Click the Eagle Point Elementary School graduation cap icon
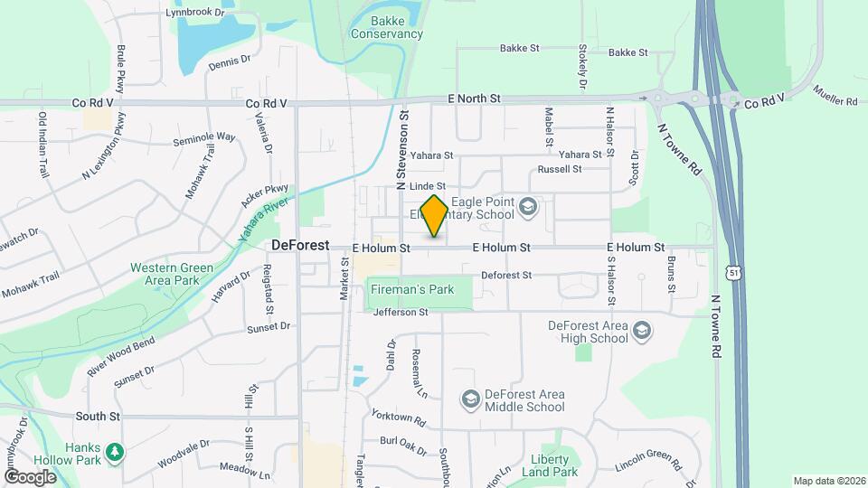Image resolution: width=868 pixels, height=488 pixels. click(x=528, y=209)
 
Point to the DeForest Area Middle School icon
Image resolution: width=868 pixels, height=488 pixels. click(x=469, y=399)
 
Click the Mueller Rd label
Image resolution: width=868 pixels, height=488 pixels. click(x=835, y=96)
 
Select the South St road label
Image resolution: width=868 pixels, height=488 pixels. click(x=98, y=417)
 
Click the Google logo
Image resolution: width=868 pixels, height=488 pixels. click(x=30, y=476)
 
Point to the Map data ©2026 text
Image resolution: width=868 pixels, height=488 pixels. click(x=827, y=481)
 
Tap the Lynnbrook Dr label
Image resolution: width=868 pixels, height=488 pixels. click(x=194, y=13)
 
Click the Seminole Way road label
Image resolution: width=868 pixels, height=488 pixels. click(x=204, y=138)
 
